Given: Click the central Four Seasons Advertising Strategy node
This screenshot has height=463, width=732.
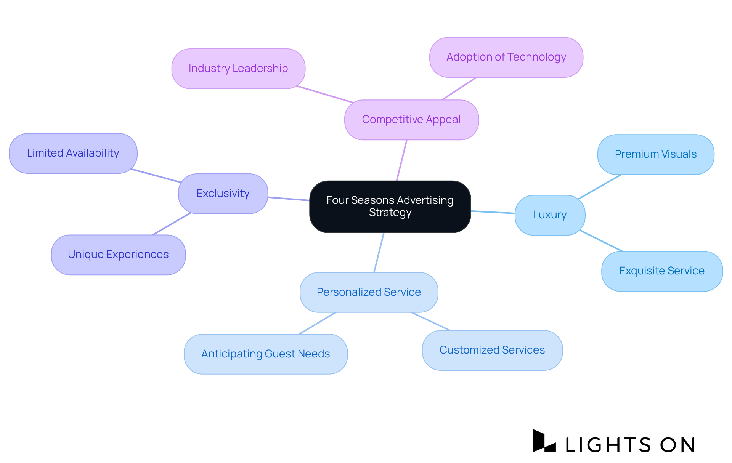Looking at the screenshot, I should point(390,207).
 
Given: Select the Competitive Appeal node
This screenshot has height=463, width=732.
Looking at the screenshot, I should point(411,120).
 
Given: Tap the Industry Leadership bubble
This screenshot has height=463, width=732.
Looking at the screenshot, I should point(238,69).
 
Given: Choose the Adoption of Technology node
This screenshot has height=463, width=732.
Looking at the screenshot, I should point(506,57).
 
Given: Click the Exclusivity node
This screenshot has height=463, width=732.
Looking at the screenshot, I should point(223,194).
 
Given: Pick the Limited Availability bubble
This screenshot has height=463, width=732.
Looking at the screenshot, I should point(73,153).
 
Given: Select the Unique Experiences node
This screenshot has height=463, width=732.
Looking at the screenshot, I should point(118,255).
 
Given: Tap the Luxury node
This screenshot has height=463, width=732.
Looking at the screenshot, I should point(550,215).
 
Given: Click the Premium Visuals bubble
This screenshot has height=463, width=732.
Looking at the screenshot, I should point(655,154).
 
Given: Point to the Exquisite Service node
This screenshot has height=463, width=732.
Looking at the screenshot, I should point(662,271).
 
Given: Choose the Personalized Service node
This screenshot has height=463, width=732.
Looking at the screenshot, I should point(369,292).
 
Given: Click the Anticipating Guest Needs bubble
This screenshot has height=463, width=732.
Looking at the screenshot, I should point(265,354).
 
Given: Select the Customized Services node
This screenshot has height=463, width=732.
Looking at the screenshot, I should point(492,350).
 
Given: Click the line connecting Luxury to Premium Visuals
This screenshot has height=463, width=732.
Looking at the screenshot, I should point(600,187).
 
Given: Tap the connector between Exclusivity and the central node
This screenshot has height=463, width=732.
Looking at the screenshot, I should point(289,199).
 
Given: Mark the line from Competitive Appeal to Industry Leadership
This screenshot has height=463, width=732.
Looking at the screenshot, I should point(325,95).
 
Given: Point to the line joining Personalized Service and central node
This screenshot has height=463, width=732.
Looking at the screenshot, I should point(379,253).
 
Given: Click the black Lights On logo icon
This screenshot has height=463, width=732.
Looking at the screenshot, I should point(544,441).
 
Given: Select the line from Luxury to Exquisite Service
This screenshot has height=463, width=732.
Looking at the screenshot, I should point(601,241).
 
